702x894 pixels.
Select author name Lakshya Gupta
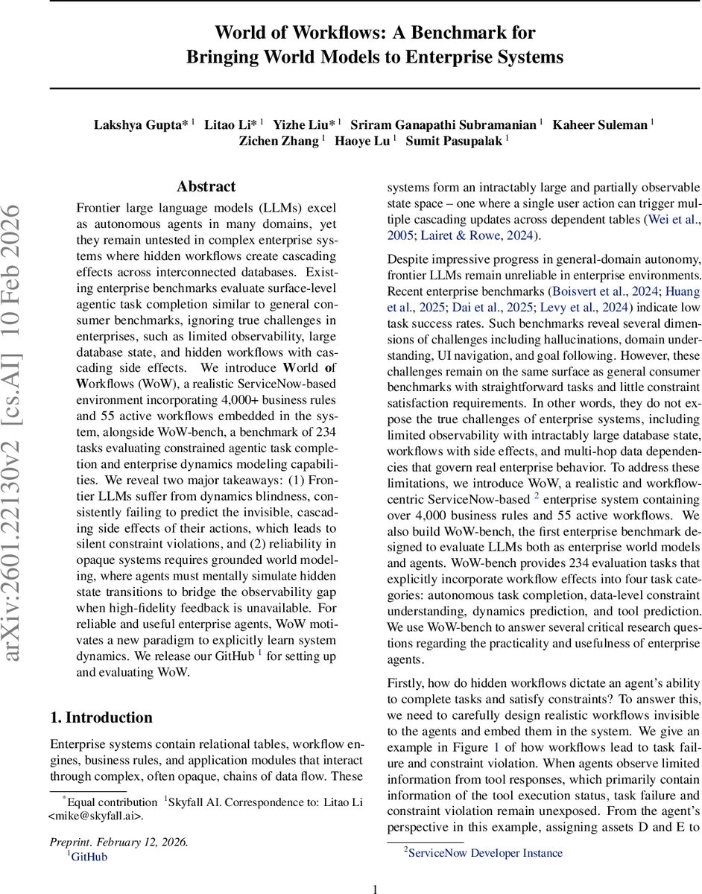click(140, 124)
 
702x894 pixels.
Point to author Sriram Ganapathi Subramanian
click(444, 124)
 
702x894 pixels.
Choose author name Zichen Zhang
click(278, 142)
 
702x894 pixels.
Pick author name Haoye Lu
click(361, 142)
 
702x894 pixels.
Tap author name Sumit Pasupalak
click(454, 142)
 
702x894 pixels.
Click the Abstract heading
click(206, 186)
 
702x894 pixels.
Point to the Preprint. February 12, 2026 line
click(119, 842)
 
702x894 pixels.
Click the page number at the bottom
click(375, 888)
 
